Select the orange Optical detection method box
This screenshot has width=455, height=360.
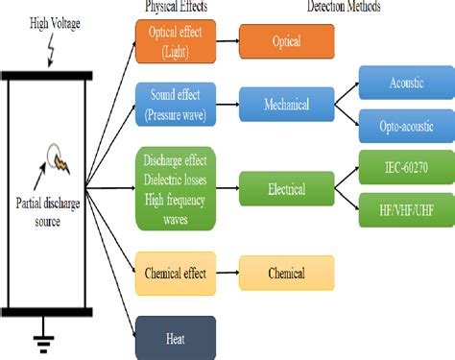(x=286, y=42)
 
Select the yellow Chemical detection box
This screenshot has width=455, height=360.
(x=286, y=273)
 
